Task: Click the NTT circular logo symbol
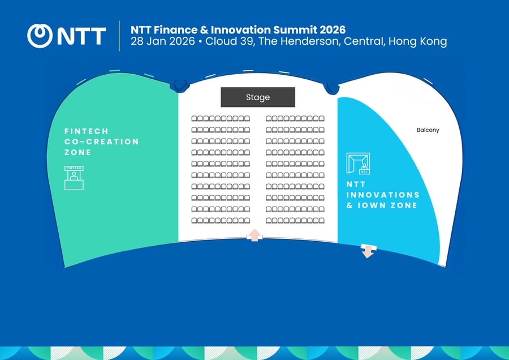pos(40,36)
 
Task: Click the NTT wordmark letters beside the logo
pos(80,36)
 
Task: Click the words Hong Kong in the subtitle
pos(417,42)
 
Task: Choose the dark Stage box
pos(258,97)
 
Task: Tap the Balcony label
pos(428,130)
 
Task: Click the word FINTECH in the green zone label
pos(86,131)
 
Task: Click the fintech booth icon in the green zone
pos(74,178)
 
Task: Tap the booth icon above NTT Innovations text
pos(357,164)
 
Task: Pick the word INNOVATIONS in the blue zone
pos(383,195)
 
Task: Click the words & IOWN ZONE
pos(382,205)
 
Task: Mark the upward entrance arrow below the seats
pos(255,235)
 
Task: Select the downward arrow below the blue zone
pos(368,251)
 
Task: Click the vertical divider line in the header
pos(119,36)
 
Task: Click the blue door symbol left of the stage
pos(180,85)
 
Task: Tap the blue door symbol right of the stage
pos(331,88)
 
